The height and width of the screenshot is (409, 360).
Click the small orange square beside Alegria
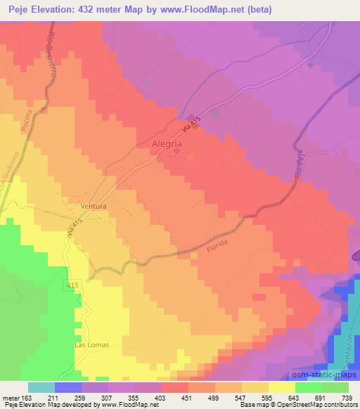click(178, 151)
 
